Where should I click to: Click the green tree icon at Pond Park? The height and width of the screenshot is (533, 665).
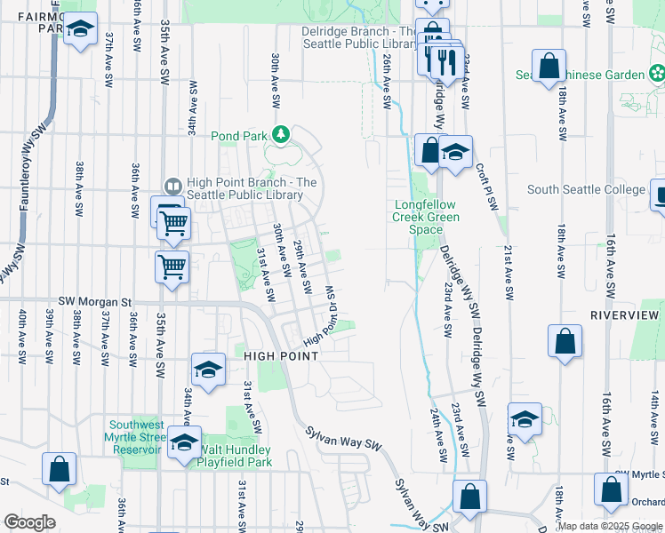(x=282, y=135)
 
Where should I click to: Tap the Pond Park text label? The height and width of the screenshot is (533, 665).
(x=239, y=136)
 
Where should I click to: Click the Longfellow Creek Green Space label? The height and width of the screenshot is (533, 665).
(x=427, y=217)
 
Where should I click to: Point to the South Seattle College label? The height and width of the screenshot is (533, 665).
(x=586, y=189)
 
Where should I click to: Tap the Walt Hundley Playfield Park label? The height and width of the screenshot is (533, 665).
(x=235, y=456)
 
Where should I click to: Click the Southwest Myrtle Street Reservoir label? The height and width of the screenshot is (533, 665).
(x=138, y=436)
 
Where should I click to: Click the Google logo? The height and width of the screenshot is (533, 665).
(x=30, y=522)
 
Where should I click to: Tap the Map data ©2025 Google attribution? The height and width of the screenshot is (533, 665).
(x=609, y=526)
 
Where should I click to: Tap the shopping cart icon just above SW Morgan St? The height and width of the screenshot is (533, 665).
(x=171, y=264)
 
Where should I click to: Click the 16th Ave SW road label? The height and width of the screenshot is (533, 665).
(x=611, y=257)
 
